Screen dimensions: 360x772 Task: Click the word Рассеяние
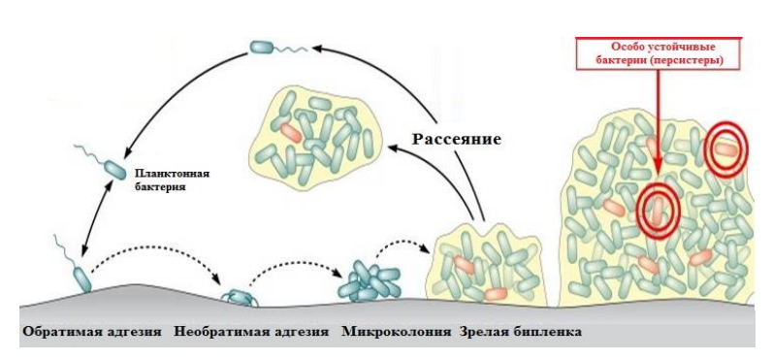[457, 138]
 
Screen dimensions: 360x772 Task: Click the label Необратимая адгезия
[252, 332]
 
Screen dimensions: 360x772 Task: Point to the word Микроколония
[397, 332]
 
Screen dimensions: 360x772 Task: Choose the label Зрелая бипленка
[520, 332]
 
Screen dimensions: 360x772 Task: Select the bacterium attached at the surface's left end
[80, 278]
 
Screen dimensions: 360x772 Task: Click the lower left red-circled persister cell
[659, 208]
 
